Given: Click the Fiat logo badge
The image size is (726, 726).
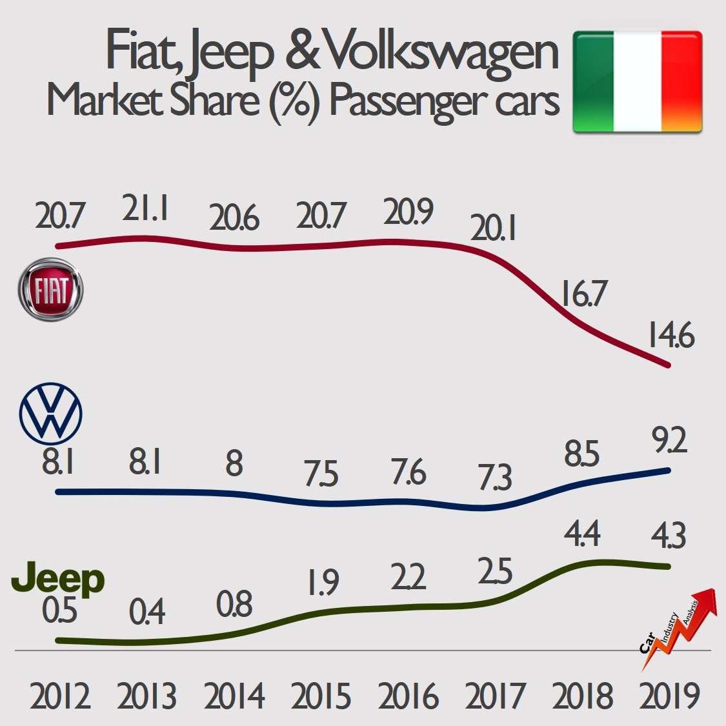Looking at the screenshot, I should coord(50,290).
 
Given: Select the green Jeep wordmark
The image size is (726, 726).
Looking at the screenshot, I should coord(59,579).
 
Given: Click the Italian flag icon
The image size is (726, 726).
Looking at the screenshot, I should coord(637,81).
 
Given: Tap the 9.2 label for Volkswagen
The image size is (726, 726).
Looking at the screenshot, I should coord(669,442).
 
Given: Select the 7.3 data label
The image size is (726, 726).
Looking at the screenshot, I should coord(494,478).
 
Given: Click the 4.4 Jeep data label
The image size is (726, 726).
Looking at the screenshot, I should coord(581,534).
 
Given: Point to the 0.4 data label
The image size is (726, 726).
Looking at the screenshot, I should coord(147,612).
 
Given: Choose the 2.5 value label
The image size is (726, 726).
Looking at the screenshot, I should coord(495,572).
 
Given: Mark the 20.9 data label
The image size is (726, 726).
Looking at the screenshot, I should coord(408,212).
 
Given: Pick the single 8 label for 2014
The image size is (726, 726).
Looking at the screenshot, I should coord(234,463).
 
